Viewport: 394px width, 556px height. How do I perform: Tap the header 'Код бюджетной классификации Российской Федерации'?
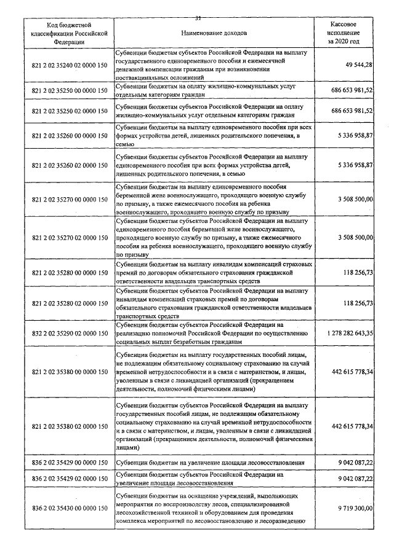pos(69,31)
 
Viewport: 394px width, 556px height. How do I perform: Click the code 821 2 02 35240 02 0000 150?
pos(69,65)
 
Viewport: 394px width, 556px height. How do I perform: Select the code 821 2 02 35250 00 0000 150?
pos(69,90)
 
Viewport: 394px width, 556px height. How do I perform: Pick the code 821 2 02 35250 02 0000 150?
pos(69,111)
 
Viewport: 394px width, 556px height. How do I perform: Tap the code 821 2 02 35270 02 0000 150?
pos(69,237)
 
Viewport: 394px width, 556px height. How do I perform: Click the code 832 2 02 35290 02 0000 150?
pos(69,332)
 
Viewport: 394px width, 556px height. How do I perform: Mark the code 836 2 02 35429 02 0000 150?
pos(69,479)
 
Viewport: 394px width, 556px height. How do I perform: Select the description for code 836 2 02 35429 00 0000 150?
pos(207,463)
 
